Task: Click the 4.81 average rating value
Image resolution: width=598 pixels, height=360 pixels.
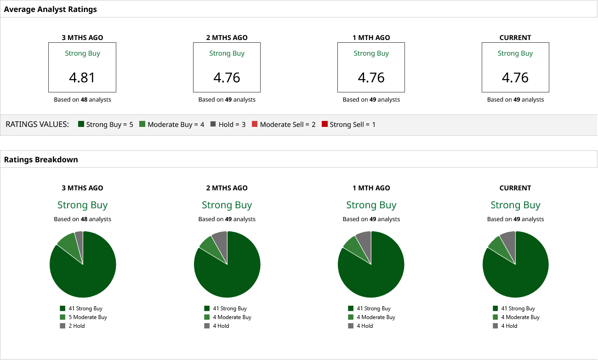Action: click(82, 77)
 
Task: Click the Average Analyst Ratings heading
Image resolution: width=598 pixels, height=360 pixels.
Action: click(50, 9)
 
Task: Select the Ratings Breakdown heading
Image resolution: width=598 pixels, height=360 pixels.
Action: click(41, 160)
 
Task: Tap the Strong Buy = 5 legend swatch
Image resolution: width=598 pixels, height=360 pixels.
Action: click(81, 124)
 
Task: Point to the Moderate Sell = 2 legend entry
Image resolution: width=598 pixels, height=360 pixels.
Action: click(284, 125)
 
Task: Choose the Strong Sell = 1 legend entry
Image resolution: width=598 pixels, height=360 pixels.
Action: click(348, 125)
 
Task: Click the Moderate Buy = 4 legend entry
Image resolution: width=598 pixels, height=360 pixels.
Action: click(171, 125)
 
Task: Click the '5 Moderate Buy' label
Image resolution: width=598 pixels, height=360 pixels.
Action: click(87, 317)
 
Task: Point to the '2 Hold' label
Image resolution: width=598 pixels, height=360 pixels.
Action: click(76, 326)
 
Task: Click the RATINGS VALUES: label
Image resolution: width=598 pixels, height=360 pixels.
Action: click(37, 125)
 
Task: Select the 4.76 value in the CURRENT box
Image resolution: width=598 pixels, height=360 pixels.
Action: click(515, 77)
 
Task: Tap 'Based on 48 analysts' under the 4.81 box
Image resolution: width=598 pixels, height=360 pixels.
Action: click(82, 99)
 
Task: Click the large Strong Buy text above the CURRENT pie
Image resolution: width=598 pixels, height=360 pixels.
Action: click(515, 205)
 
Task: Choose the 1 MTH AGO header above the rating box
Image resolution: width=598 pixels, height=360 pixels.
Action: click(371, 38)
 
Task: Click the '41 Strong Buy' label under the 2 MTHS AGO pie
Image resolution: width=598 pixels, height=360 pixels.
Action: click(229, 309)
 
